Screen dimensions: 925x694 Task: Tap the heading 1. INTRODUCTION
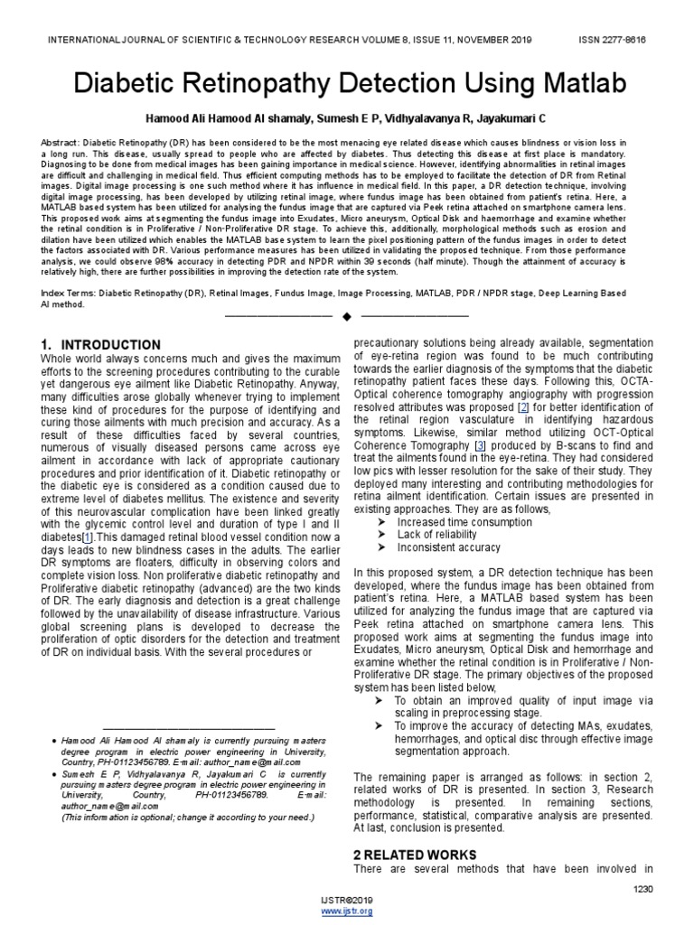pos(101,345)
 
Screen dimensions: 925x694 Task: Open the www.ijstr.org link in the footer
pos(347,911)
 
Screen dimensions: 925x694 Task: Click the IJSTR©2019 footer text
pos(347,902)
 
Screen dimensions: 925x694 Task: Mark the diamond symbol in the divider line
pos(347,316)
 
